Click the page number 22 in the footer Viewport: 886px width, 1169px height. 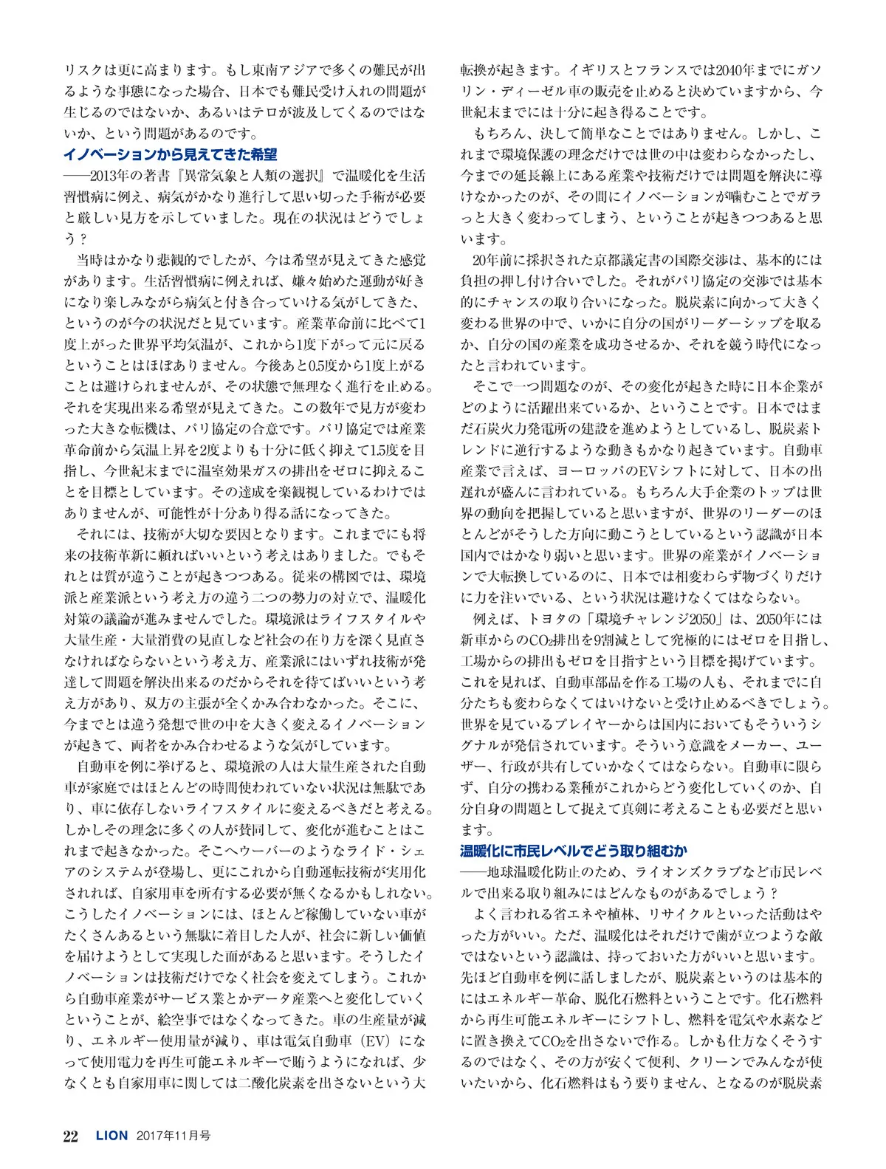coord(71,1136)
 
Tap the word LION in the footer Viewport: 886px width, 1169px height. coord(112,1136)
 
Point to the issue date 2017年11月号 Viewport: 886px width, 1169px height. coord(173,1136)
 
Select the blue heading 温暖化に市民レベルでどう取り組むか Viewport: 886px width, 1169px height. coord(574,851)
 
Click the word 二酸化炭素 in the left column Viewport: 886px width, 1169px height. coord(275,1083)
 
